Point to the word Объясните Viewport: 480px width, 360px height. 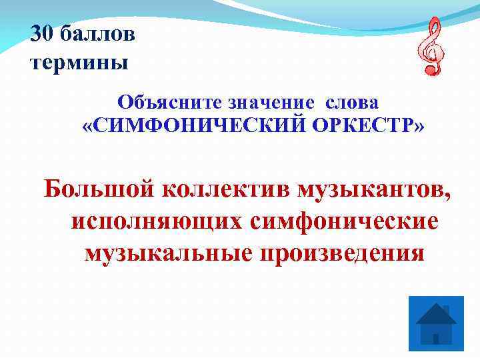pyautogui.click(x=172, y=103)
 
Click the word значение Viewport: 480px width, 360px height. pyautogui.click(x=273, y=103)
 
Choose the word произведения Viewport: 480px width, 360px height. pyautogui.click(x=340, y=253)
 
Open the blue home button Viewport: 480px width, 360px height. pyautogui.click(x=435, y=323)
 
